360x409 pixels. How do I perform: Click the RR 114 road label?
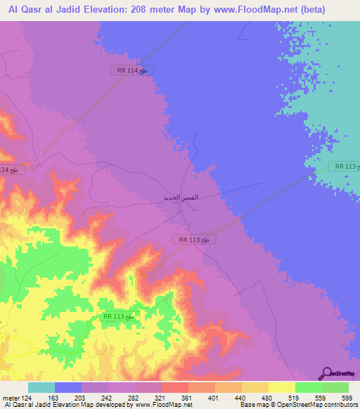tap(132, 70)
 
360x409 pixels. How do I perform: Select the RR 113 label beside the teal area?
tap(347, 167)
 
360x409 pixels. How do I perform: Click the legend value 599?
tap(347, 397)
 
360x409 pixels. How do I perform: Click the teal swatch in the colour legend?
tap(41, 387)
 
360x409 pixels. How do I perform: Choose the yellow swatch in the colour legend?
tap(281, 387)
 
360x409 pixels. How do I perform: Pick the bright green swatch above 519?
tap(308, 387)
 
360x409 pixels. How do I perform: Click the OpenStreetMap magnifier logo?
tap(327, 373)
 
